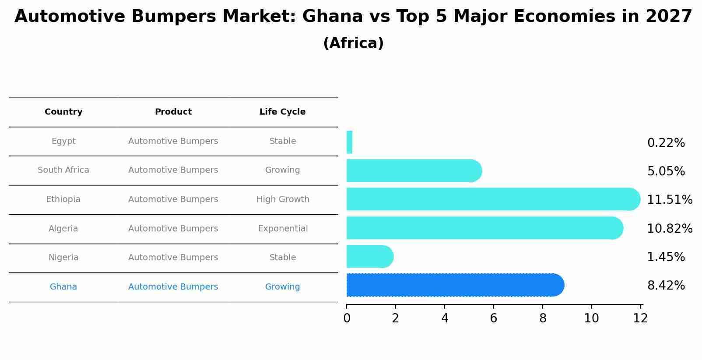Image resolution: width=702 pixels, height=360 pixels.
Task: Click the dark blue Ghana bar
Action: pos(455,285)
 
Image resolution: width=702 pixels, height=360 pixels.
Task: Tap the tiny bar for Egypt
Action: pos(349,142)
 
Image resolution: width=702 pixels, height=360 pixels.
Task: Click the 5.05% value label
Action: pos(666,171)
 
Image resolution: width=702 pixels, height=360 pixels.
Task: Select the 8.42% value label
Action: pos(666,286)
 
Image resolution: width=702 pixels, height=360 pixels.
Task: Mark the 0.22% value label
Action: pos(666,143)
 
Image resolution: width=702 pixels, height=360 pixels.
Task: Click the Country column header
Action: pos(63,112)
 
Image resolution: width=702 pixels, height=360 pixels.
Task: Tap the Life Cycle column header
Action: pos(282,112)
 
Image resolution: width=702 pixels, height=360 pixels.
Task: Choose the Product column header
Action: pos(173,112)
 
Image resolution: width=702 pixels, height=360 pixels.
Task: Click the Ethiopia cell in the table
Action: pos(63,199)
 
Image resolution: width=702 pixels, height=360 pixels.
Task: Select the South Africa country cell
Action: pos(63,170)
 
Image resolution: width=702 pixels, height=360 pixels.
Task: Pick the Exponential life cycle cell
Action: pos(283,229)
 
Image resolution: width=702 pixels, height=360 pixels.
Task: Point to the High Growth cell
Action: pos(283,199)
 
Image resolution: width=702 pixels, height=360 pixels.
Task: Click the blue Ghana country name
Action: pos(63,287)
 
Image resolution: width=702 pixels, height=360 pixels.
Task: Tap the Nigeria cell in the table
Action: pos(63,258)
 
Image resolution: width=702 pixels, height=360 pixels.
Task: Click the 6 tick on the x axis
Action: pos(493,318)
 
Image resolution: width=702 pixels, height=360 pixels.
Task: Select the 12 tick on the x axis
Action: pos(640,318)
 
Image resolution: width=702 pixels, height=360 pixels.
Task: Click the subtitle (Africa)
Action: pos(353,43)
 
